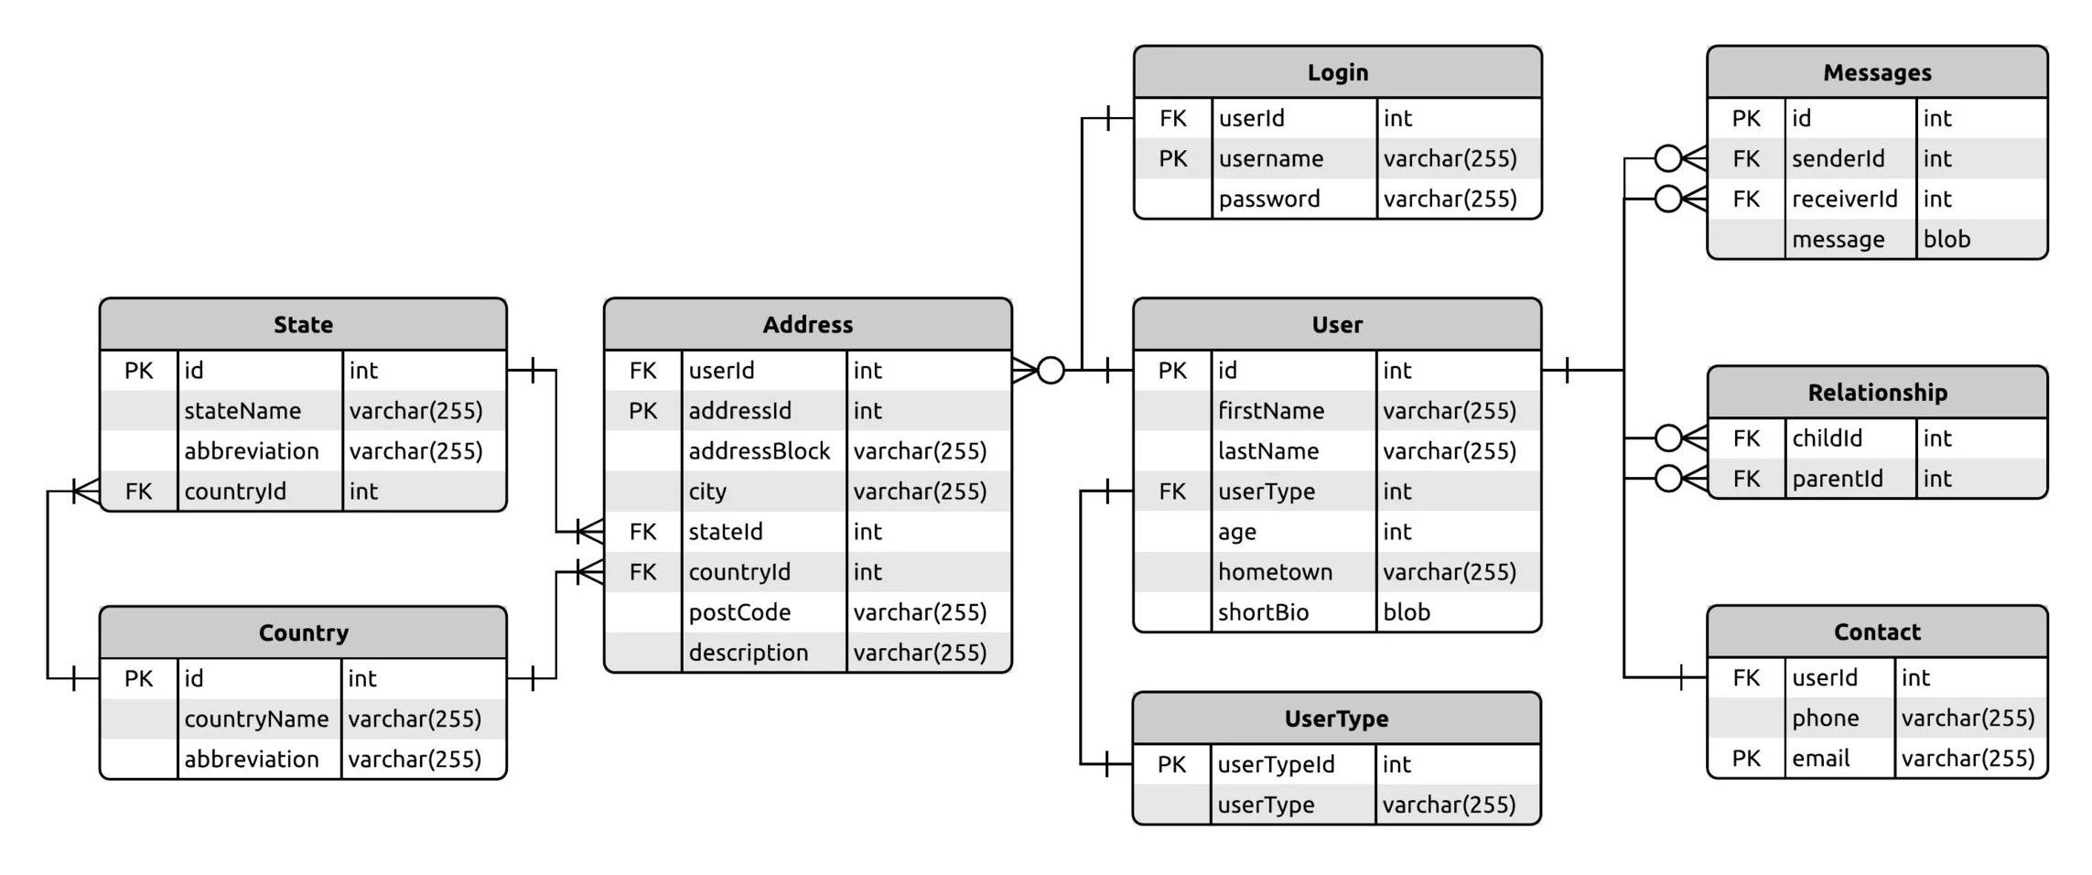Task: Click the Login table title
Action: pos(1337,72)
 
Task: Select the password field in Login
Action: pos(1269,199)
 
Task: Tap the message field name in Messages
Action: pos(1838,239)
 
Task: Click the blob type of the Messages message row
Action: pos(1946,239)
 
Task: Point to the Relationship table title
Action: pos(1877,393)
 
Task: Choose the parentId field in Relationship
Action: pos(1837,479)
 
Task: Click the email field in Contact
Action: pos(1820,758)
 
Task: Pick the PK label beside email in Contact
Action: pos(1745,758)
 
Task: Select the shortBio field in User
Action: pos(1263,612)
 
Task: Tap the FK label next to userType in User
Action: pos(1172,492)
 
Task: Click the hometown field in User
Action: pos(1275,572)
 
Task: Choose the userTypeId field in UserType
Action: pos(1276,764)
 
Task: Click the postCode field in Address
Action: pos(739,612)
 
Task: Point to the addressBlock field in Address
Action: pos(759,451)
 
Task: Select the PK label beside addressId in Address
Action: pos(642,411)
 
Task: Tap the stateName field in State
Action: pos(243,411)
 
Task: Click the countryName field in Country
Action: pos(256,718)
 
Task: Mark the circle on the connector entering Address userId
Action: pos(1051,370)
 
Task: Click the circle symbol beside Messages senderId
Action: pos(1668,158)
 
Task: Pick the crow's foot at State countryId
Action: pos(87,492)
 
